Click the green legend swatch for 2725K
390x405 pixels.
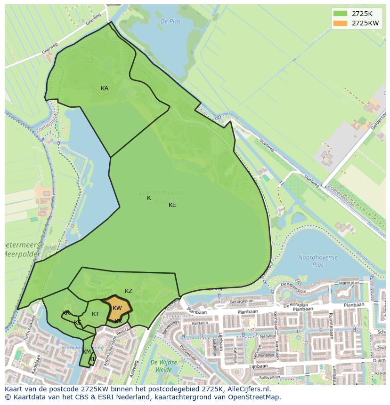[340, 13]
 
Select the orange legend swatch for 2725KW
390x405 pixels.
[340, 23]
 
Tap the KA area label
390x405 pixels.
[105, 88]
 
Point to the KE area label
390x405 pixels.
[172, 205]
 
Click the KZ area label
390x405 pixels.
[129, 291]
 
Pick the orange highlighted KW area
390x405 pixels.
[117, 309]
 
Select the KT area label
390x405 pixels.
[96, 314]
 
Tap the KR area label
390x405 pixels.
[66, 313]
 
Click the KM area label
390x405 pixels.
[87, 352]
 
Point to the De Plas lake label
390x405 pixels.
[171, 22]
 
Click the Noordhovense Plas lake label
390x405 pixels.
[318, 261]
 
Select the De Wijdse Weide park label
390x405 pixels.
[163, 366]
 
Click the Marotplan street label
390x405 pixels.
[349, 284]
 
